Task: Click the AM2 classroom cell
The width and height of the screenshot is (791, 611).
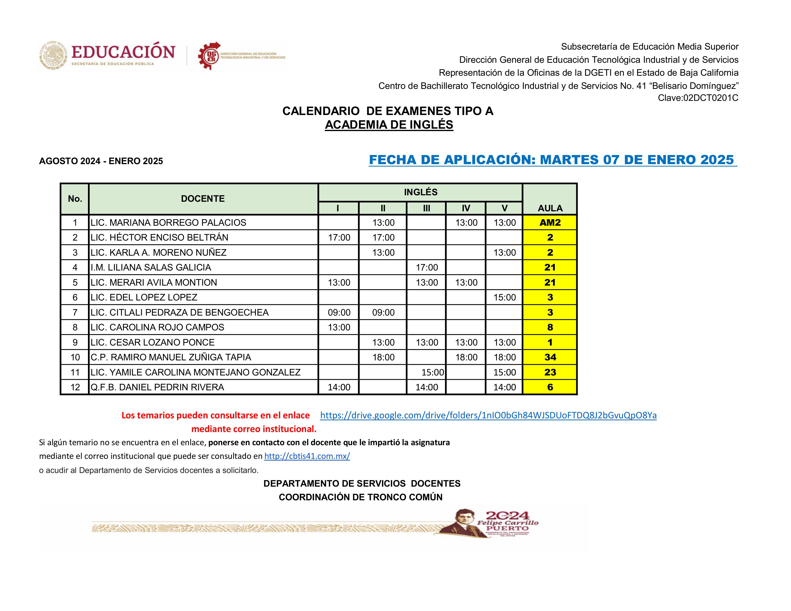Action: (550, 223)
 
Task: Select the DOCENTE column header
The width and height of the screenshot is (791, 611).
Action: (203, 199)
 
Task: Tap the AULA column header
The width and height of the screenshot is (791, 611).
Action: (550, 208)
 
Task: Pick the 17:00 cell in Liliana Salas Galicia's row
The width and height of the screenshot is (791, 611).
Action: (427, 267)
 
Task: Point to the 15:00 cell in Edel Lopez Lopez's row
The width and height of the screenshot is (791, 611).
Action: (505, 298)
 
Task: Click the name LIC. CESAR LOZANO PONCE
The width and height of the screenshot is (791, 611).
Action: (152, 342)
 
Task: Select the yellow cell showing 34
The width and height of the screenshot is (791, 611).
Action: (550, 357)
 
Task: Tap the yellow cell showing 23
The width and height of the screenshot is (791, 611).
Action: (550, 372)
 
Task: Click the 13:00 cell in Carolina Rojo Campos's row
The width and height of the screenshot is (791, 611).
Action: (339, 328)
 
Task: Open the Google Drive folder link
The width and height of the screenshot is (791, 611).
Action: (488, 415)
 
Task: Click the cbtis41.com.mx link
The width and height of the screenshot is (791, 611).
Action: (307, 456)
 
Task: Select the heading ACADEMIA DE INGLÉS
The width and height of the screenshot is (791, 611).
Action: (389, 125)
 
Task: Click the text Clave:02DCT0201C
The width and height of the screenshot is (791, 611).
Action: (698, 98)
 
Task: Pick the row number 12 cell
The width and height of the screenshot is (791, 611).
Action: (75, 387)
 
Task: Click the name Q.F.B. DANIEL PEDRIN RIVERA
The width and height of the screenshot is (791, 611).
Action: (157, 387)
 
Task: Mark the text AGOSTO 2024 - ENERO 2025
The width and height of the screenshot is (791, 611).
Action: (101, 161)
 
